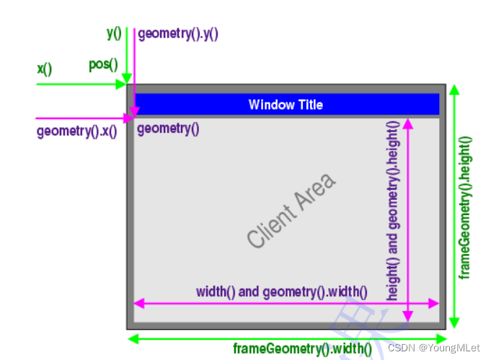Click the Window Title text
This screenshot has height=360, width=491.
click(286, 105)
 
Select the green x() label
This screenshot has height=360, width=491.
click(45, 69)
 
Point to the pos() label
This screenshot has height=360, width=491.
click(103, 65)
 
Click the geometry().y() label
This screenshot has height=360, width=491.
click(177, 33)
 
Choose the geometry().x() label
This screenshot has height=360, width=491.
click(76, 132)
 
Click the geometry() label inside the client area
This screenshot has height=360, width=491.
click(168, 129)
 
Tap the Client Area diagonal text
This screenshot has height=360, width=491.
click(291, 211)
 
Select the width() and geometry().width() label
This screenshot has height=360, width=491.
click(281, 292)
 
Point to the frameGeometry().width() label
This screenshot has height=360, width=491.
click(302, 350)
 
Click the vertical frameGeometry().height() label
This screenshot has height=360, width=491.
click(465, 208)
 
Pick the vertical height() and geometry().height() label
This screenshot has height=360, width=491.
click(394, 211)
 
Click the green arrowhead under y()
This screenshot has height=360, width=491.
click(127, 79)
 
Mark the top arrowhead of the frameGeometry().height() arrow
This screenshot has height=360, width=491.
click(454, 90)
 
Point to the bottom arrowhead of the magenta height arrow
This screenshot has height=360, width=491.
click(408, 315)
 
